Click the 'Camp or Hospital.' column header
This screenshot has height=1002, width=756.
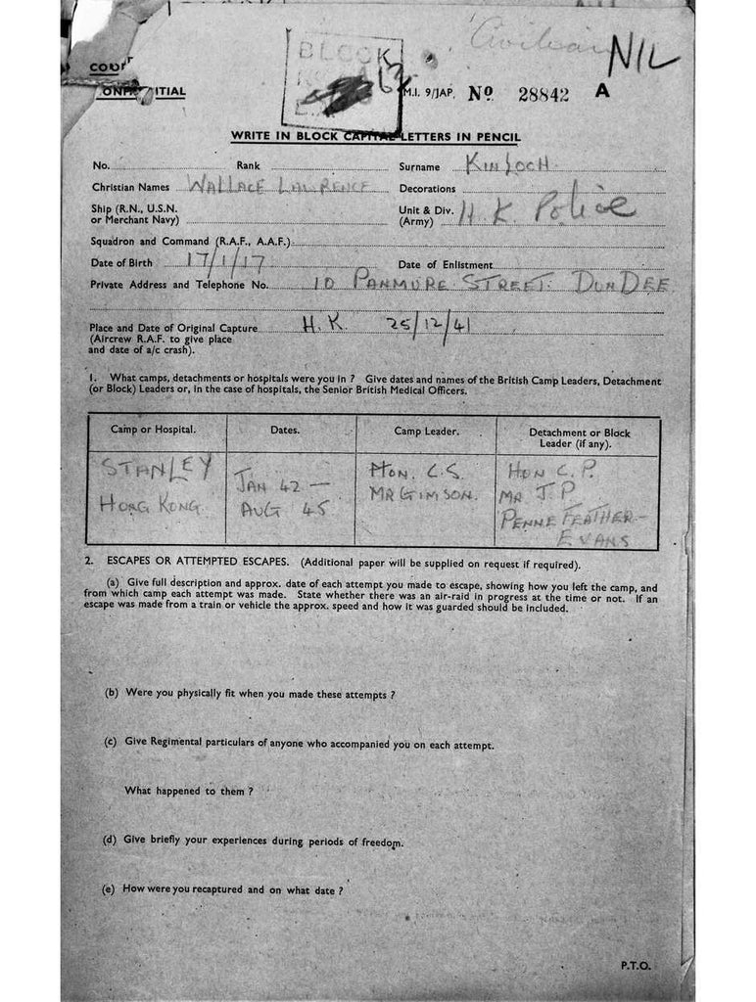(154, 430)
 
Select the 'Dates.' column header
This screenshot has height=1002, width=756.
(285, 430)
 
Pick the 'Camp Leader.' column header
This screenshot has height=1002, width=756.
(426, 431)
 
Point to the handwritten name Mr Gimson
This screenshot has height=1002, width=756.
(422, 495)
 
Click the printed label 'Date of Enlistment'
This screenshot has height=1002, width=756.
(446, 264)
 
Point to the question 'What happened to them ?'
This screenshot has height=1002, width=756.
(189, 790)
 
